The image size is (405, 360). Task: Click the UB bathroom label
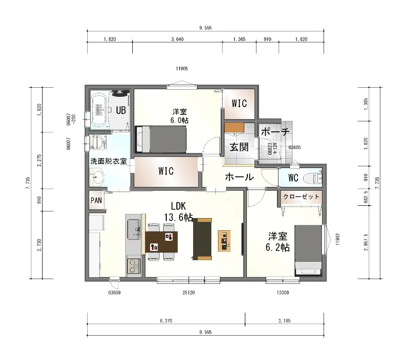(121, 111)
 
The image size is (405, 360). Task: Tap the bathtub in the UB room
(99, 110)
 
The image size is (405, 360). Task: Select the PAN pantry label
(96, 200)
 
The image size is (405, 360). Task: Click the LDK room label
(178, 206)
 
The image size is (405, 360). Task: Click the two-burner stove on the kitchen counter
(133, 266)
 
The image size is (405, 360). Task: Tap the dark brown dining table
(161, 242)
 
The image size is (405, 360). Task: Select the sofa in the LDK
(202, 239)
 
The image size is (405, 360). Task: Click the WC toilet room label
(293, 178)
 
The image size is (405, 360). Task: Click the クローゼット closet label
(301, 197)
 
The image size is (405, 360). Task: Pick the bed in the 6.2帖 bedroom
(308, 249)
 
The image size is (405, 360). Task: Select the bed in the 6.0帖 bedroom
(161, 139)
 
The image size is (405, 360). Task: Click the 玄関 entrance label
(239, 147)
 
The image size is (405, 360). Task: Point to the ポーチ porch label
(275, 132)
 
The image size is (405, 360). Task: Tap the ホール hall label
(239, 177)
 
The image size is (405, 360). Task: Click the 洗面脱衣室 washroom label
(108, 161)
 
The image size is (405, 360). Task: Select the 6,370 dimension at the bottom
(166, 321)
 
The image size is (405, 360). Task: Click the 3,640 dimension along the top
(177, 39)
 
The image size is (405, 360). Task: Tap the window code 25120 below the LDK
(189, 293)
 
